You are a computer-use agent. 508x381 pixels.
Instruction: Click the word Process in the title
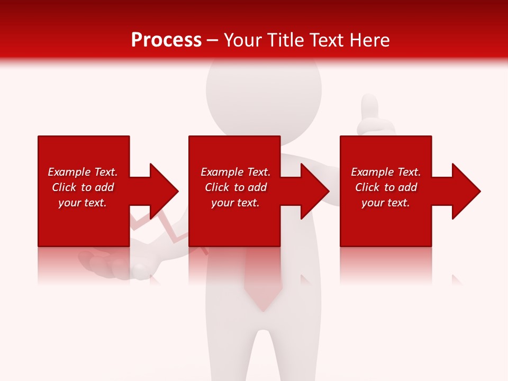(166, 40)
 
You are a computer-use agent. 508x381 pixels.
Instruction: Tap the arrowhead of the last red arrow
(466, 191)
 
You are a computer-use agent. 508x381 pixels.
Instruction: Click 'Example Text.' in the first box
(83, 172)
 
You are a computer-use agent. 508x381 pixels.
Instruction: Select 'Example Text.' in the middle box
(235, 172)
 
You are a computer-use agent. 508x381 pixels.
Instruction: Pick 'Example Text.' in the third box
(386, 172)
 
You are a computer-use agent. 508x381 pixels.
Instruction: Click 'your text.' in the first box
(83, 203)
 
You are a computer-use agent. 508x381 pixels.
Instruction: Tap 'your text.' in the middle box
(235, 203)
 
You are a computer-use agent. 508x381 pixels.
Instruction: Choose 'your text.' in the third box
(386, 203)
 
